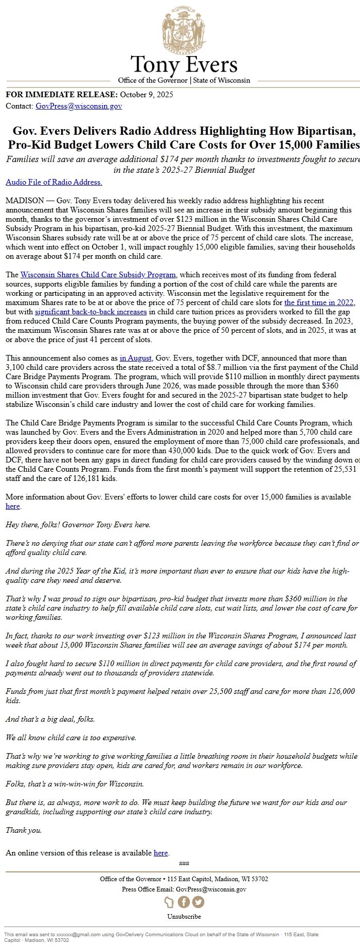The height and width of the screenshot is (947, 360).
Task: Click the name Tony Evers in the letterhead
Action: coord(184,65)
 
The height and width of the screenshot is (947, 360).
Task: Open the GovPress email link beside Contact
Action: coord(79,106)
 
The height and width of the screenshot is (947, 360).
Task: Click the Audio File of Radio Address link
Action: coord(54,182)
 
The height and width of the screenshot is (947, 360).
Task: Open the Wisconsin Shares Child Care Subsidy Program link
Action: coord(98,275)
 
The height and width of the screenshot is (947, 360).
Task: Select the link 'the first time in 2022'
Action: coord(319,303)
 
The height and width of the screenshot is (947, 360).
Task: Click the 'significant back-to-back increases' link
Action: coord(91,312)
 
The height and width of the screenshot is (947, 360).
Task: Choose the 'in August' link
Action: coord(136,358)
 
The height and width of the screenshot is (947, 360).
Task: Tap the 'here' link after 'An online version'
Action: coord(161,853)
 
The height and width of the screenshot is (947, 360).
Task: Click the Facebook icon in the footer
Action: coord(184,902)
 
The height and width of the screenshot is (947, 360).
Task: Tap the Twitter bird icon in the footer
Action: coord(198,902)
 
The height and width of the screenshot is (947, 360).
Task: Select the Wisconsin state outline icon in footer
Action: coord(169,902)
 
